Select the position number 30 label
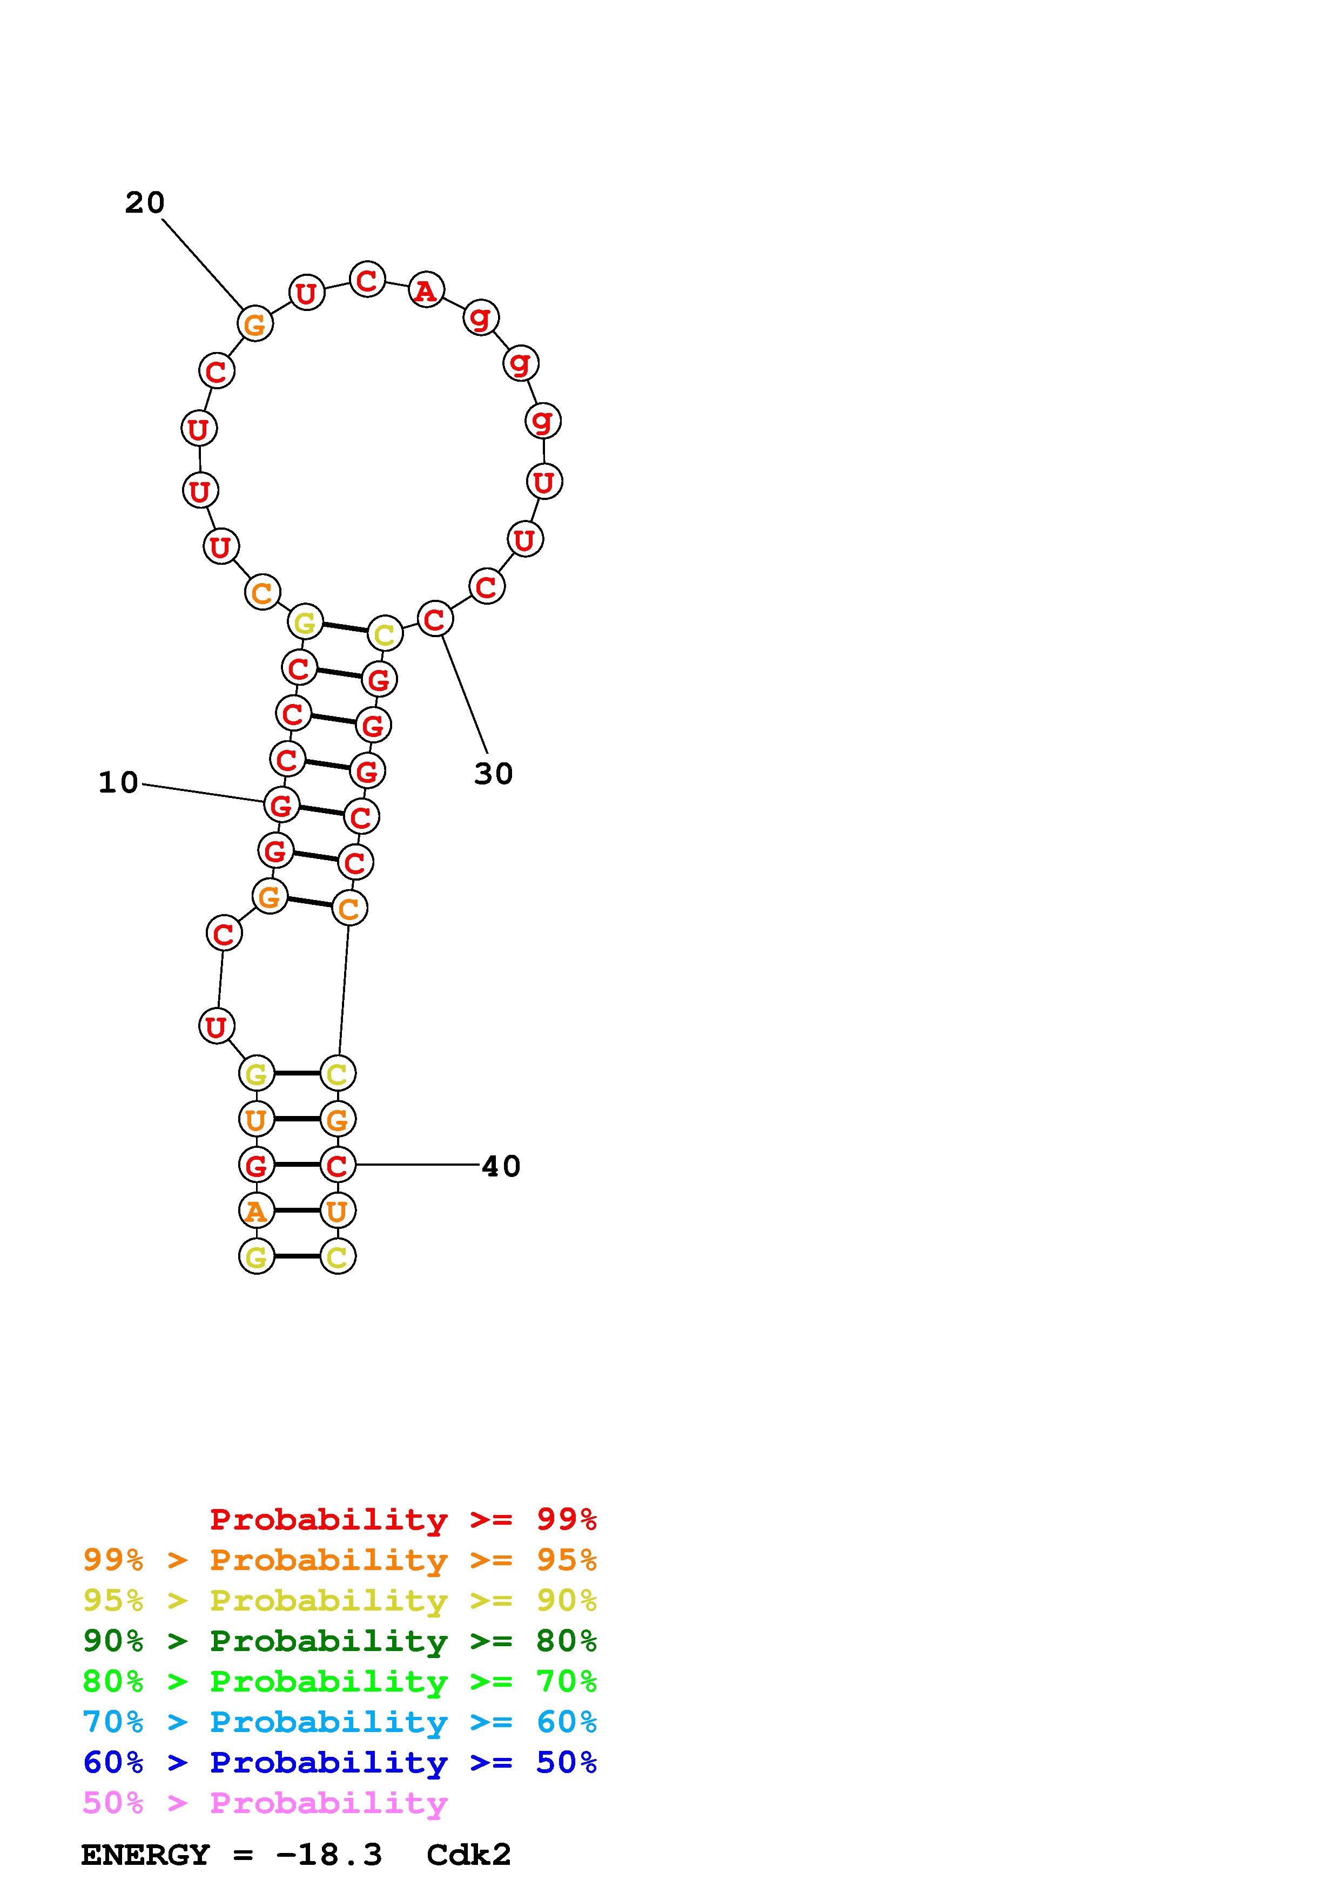pyautogui.click(x=493, y=774)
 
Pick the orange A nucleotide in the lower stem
pyautogui.click(x=255, y=1211)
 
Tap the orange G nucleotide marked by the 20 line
pyautogui.click(x=255, y=323)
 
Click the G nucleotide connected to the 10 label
pyautogui.click(x=281, y=804)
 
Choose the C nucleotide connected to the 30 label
pyautogui.click(x=435, y=619)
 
